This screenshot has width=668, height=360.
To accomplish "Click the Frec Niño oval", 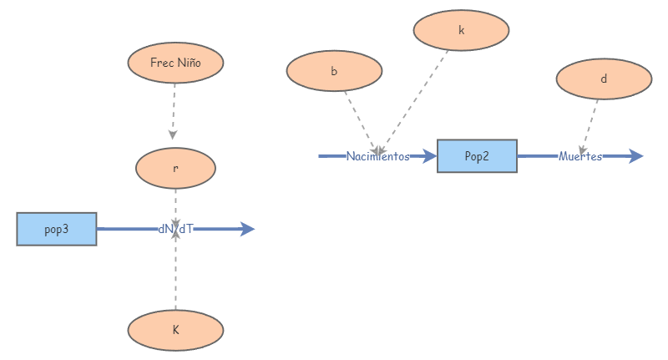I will (x=175, y=63).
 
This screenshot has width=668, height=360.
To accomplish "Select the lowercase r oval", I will (x=175, y=168).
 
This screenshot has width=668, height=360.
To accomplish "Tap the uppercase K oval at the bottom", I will (x=175, y=330).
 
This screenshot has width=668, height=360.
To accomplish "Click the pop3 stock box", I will (x=57, y=229).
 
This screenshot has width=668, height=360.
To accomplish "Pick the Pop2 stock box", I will (x=477, y=156).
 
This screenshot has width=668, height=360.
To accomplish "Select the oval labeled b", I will (x=334, y=71).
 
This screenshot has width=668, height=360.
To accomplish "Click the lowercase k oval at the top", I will (x=461, y=30).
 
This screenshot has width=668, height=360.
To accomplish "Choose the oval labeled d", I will (x=604, y=79).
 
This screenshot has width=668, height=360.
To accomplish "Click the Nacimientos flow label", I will (x=378, y=156).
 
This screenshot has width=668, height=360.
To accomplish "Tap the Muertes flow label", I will (x=580, y=156).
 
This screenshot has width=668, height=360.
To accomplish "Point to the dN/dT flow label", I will (x=175, y=229).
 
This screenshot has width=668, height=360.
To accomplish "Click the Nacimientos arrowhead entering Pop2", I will (x=429, y=156).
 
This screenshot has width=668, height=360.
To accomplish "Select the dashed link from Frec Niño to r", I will (x=174, y=109).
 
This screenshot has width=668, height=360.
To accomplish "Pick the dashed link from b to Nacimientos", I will (x=359, y=117).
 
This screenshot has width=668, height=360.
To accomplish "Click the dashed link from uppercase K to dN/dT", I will (x=175, y=276).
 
